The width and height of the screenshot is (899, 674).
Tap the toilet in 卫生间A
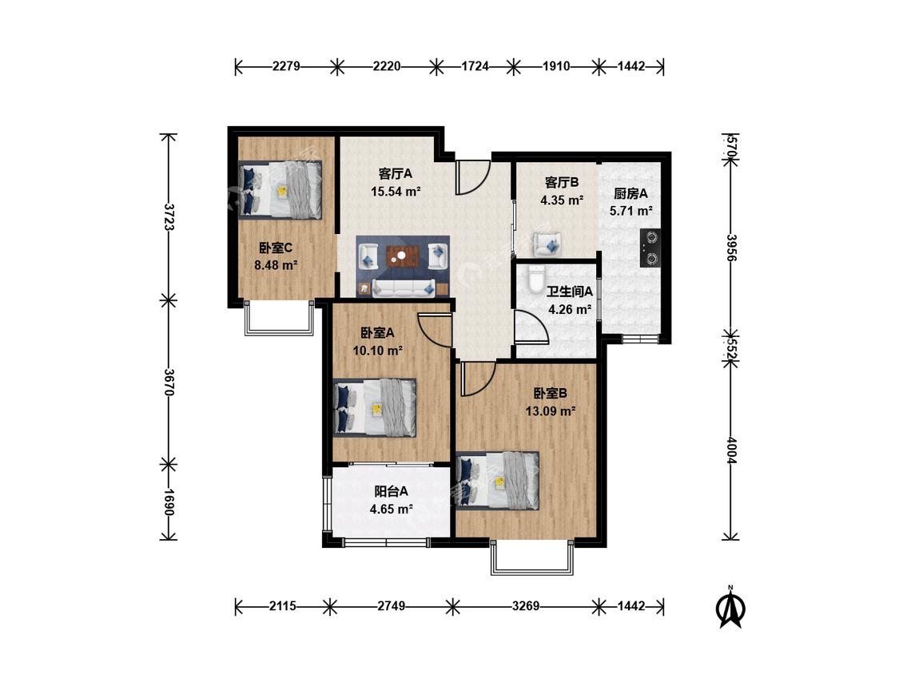(x=536, y=279)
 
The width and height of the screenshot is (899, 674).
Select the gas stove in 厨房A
(x=650, y=248)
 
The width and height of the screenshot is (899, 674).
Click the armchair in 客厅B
(x=547, y=244)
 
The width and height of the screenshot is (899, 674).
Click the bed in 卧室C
(x=280, y=189)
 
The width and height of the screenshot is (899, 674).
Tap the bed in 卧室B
(x=498, y=481)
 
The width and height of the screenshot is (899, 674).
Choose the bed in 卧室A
(x=375, y=407)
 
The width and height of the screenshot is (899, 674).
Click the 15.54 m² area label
(x=396, y=192)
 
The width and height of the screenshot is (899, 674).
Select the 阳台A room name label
(x=392, y=491)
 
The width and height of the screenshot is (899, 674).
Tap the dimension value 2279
(x=286, y=66)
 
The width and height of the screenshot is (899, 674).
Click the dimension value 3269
(x=526, y=606)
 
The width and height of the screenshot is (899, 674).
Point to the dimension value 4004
(x=731, y=450)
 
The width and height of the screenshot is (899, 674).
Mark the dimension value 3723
(x=169, y=216)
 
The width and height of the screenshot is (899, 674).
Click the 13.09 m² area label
(x=551, y=411)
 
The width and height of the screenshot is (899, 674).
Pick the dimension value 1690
(x=169, y=502)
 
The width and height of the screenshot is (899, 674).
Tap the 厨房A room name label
(x=630, y=194)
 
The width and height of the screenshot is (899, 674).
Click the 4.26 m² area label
(x=570, y=310)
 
